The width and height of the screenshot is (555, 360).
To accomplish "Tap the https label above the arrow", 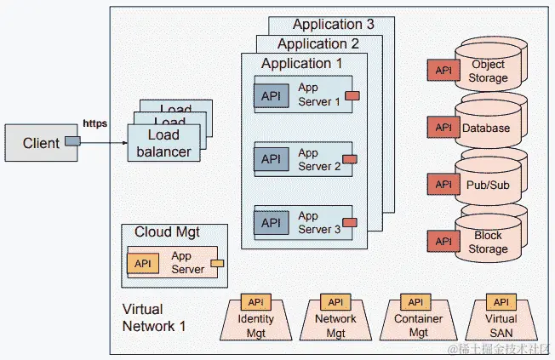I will [x=94, y=124].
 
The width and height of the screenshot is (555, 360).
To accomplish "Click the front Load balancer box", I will [x=163, y=144].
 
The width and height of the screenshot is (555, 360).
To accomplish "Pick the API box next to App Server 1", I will [x=271, y=96].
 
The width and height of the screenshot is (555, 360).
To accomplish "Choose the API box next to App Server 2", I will [x=271, y=159].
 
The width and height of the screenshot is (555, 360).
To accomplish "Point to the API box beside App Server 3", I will [x=271, y=223].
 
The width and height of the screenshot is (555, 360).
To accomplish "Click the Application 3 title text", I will [x=333, y=25].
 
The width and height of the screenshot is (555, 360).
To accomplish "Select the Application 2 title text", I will [x=318, y=43].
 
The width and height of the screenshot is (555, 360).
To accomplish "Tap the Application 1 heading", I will [x=301, y=63].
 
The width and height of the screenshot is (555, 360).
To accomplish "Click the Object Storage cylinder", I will [x=489, y=71].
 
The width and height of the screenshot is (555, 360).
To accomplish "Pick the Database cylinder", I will [x=487, y=128].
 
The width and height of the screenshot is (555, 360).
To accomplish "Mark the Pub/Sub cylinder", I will [x=487, y=184].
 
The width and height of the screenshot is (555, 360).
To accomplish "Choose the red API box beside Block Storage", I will [x=443, y=242].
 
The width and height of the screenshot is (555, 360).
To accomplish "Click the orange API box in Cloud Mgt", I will [x=143, y=263].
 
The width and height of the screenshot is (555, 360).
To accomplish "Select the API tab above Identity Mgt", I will [x=257, y=302].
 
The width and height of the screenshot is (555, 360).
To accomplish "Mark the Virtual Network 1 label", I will [x=155, y=317].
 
